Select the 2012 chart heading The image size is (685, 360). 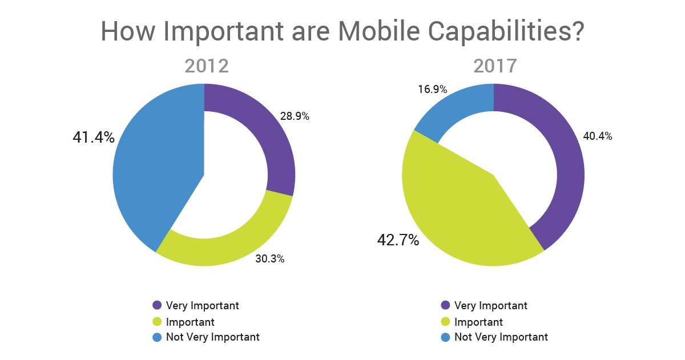point(206,66)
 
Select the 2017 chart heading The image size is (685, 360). point(494,66)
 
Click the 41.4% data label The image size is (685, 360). point(93,137)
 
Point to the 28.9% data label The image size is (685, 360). point(295,116)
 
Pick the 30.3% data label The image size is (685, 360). point(269,259)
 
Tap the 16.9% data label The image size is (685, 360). point(432,89)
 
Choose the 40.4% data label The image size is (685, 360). point(597,136)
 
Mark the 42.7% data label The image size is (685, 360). point(398,240)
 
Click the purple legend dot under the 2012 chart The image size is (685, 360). point(157,305)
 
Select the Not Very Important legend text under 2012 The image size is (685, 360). point(212,337)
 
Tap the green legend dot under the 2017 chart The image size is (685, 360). point(445,322)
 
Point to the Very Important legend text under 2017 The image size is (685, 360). point(490,305)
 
